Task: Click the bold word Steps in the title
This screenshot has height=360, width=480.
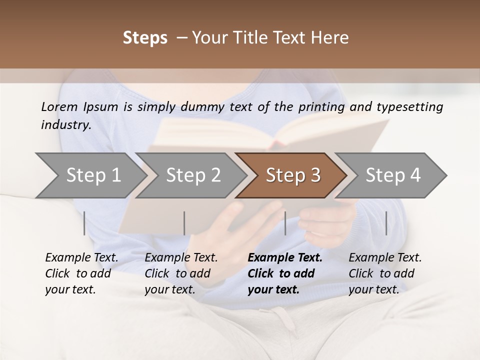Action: coord(145,38)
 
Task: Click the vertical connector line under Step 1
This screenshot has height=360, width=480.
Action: coord(84,223)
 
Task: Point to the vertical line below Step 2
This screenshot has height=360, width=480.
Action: coord(184,223)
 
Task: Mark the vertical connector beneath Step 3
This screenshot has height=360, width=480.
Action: coord(285,223)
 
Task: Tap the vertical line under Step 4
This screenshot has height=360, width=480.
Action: coord(386,223)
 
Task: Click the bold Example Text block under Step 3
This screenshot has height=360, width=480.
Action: coord(285,273)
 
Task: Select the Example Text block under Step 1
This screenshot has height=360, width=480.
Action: coord(81,273)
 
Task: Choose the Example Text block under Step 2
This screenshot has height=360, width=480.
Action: coord(181,273)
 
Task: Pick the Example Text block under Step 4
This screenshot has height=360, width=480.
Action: coord(385,273)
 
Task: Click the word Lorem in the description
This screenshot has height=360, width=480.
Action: coord(59,106)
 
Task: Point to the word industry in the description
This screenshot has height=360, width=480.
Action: coord(66,125)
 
